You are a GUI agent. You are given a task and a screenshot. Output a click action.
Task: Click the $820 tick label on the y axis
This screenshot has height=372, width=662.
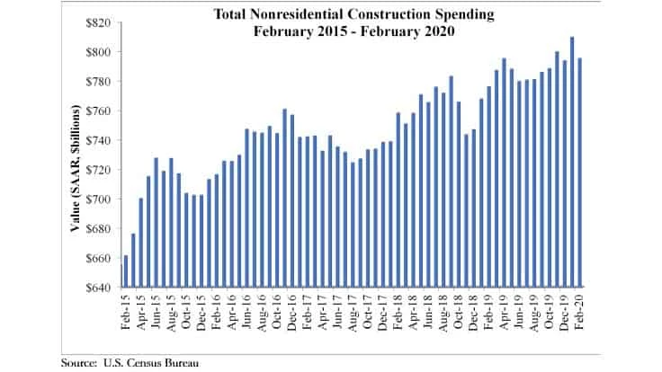(96, 22)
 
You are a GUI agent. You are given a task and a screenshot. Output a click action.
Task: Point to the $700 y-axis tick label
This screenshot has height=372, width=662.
(96, 199)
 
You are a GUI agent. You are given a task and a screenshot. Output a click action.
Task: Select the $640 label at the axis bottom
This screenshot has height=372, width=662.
(96, 288)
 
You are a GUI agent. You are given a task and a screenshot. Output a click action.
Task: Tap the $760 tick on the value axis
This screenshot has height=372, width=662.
(96, 111)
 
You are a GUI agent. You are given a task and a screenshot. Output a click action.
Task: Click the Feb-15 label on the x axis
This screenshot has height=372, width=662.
(125, 310)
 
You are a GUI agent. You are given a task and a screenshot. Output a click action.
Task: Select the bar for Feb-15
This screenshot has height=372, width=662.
(125, 271)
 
